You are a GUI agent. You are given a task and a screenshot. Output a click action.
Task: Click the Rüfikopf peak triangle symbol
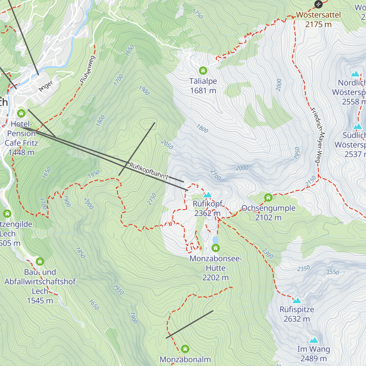coord(207,195)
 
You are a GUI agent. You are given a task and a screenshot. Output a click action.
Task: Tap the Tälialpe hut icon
coord(203,71)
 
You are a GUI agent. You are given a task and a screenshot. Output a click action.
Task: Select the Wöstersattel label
coord(318,15)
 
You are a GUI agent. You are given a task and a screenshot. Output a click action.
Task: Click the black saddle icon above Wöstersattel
coord(318,4)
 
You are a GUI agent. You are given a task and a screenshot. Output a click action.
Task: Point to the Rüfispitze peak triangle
coord(297,300)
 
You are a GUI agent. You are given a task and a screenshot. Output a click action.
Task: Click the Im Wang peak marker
coord(314,340)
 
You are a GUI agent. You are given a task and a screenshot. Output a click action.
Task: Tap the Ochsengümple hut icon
coord(268,198)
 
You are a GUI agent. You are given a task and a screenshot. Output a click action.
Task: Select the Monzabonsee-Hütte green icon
coord(216,248)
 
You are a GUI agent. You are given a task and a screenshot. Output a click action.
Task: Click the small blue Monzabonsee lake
coord(216,240)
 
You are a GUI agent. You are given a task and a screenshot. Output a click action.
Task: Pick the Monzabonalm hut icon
coord(185,349)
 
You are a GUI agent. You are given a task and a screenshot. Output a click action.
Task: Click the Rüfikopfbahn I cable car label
coord(149,171)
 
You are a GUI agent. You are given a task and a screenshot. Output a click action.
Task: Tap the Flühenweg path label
coord(88,70)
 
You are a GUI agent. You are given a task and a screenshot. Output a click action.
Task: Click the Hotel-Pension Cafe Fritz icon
coord(21,113)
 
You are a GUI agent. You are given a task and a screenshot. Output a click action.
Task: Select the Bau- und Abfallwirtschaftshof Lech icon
coord(40,262)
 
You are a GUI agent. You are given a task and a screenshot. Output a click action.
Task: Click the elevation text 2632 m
coord(296,319)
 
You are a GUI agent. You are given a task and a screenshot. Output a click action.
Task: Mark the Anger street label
coord(46,86)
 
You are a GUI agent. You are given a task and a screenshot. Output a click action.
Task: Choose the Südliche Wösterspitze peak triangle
coord(357,127)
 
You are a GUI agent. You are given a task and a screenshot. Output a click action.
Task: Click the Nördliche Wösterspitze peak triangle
coord(355,74)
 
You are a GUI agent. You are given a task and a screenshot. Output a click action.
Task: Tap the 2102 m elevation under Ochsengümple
coord(268,217)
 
